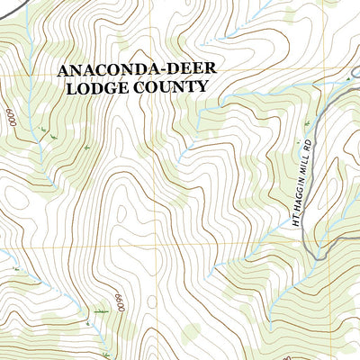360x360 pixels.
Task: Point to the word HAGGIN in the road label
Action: pyautogui.click(x=305, y=184)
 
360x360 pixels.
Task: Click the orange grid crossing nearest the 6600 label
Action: pyautogui.click(x=163, y=247)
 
